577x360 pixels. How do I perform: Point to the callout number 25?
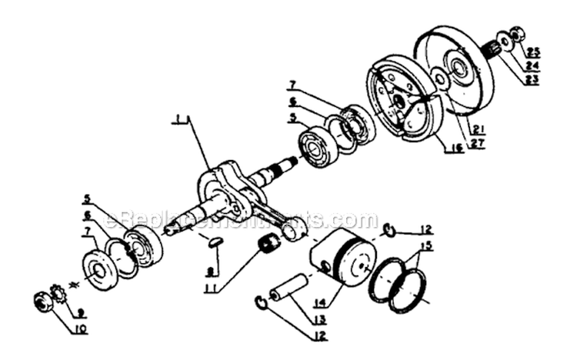[534, 52]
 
